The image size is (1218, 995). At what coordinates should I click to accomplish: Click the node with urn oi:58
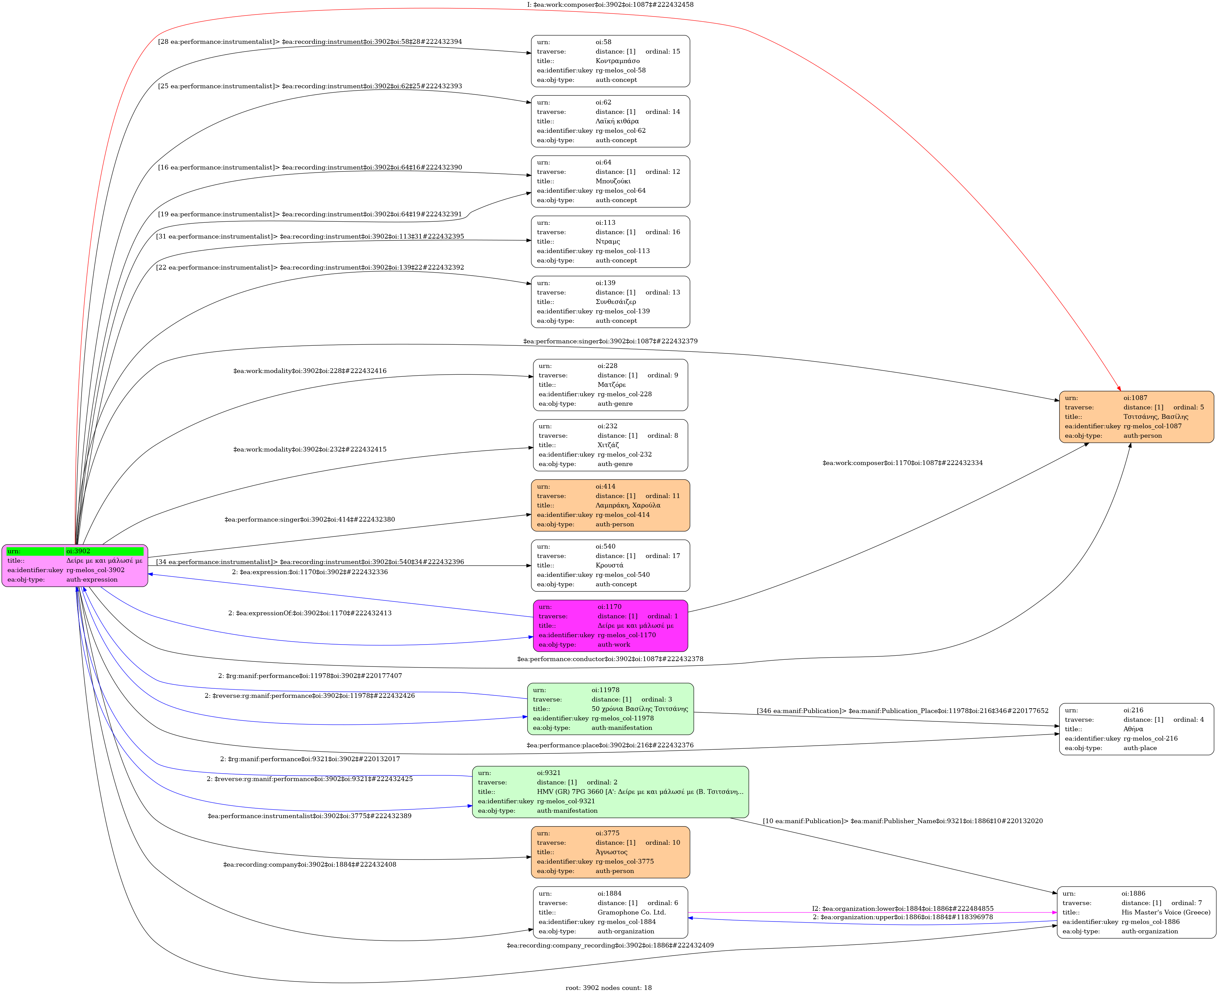click(x=610, y=61)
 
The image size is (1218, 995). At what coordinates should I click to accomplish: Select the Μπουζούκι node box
click(x=610, y=181)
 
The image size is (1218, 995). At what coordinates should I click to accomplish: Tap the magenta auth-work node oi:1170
click(x=610, y=625)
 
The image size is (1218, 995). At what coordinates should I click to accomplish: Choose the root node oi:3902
click(x=75, y=565)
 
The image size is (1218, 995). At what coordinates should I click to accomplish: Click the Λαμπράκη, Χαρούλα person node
click(x=610, y=505)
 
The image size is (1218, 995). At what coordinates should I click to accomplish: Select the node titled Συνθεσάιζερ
click(x=610, y=302)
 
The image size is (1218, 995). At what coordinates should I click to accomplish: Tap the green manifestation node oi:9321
click(x=610, y=791)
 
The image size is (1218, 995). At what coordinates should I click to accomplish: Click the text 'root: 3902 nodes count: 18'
click(x=608, y=987)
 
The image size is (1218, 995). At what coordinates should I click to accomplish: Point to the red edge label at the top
click(x=610, y=5)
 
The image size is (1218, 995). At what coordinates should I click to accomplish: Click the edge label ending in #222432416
click(x=310, y=371)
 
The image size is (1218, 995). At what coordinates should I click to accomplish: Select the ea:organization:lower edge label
click(x=902, y=908)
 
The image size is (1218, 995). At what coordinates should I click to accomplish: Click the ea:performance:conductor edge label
click(x=610, y=659)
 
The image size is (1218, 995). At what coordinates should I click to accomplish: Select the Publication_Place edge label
click(x=902, y=711)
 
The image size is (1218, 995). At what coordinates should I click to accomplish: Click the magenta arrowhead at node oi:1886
click(x=1054, y=912)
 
